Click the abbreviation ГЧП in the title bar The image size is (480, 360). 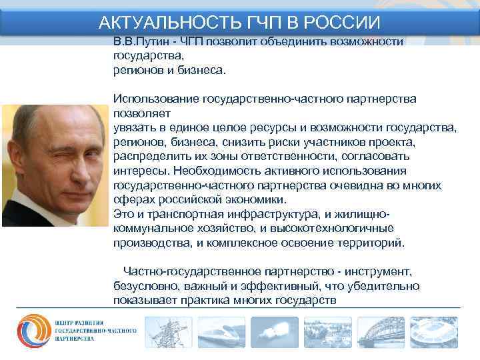point(243,22)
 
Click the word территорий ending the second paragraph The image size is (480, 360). point(370,243)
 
